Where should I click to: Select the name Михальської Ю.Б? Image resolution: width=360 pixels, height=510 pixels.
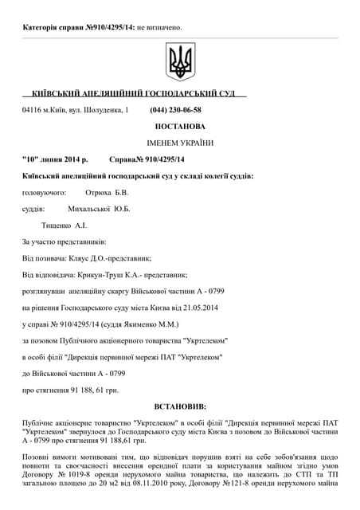click(x=100, y=209)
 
